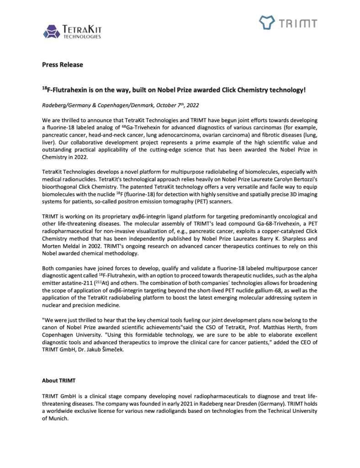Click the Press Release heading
click(63, 65)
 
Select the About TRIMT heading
click(57, 380)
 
